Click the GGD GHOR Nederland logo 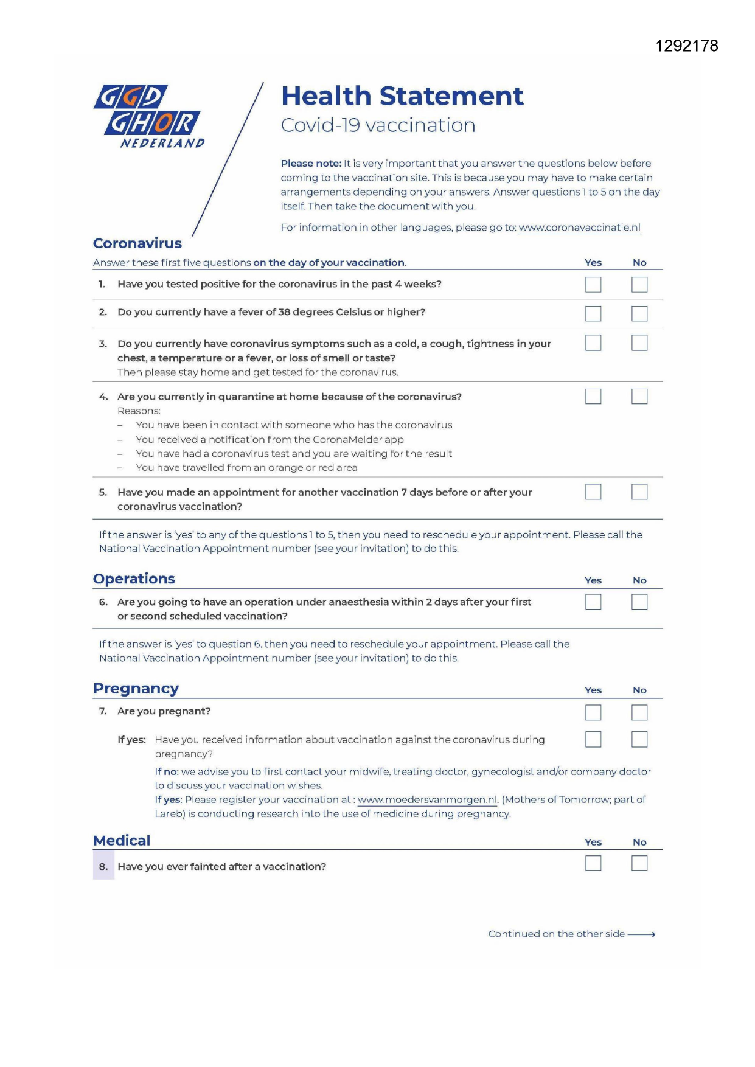coord(149,116)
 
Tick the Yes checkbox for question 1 coord(593,285)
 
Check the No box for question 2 coord(639,313)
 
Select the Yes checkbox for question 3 coord(593,343)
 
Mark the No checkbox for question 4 coord(639,397)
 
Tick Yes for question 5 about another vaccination coord(593,492)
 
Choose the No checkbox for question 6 coord(639,602)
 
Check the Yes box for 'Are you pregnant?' coord(593,712)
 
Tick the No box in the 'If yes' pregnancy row coord(639,739)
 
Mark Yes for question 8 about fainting coord(593,863)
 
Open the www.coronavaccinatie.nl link coord(579,228)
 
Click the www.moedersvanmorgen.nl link coord(427,800)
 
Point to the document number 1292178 coord(687,46)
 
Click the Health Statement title coord(402,96)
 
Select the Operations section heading coord(134,579)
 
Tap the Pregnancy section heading coord(136,689)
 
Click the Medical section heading coord(122,841)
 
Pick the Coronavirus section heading coord(137,243)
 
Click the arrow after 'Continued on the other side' coord(642,934)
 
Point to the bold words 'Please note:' coord(311,164)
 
